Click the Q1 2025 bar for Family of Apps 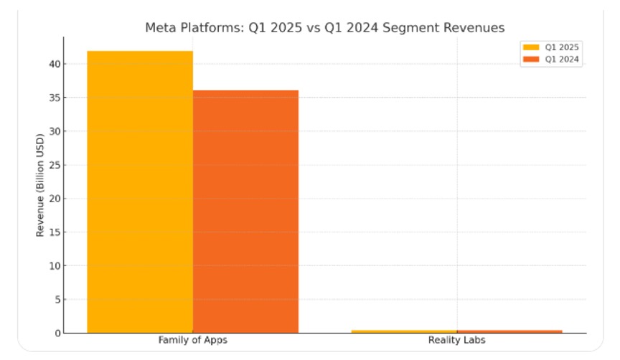140,192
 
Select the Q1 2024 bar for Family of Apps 245,212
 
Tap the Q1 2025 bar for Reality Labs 403,331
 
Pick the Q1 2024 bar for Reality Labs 509,331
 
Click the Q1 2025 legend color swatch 531,47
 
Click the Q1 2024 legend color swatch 531,60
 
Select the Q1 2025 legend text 562,47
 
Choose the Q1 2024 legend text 562,60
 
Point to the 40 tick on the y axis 52,64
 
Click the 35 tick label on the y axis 52,98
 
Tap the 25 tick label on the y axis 52,165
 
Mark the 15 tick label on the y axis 52,232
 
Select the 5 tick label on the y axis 55,300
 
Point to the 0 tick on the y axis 55,333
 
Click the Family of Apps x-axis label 192,340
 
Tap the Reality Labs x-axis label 456,340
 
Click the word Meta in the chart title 160,28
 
